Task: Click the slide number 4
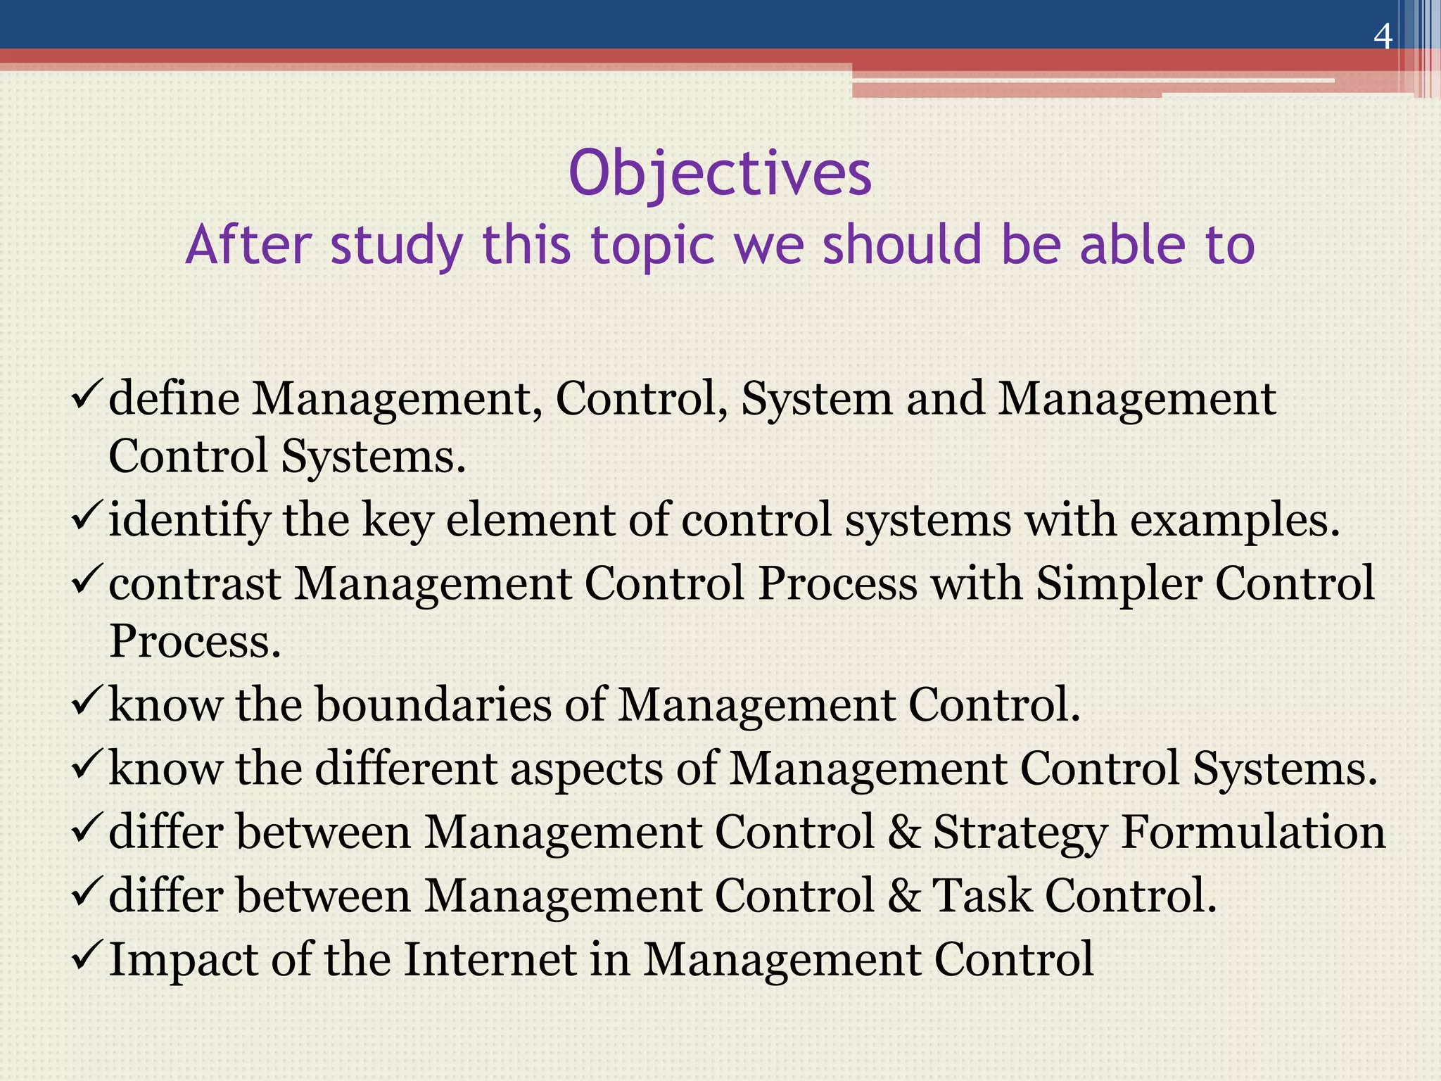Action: tap(1383, 37)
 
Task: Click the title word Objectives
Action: tap(720, 173)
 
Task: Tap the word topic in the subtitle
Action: tap(652, 245)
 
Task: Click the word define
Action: tap(174, 398)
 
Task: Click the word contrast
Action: tap(194, 584)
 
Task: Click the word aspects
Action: tap(586, 768)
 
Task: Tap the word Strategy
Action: tap(1020, 833)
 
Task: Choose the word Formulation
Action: tap(1252, 832)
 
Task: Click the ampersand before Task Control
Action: tap(904, 895)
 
